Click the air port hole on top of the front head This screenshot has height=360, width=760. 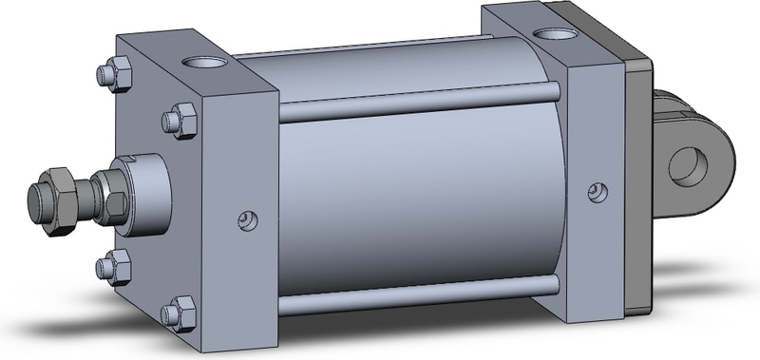point(205,63)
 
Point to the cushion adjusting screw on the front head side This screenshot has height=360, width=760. point(246,220)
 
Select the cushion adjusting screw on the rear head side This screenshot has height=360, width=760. point(596,191)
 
